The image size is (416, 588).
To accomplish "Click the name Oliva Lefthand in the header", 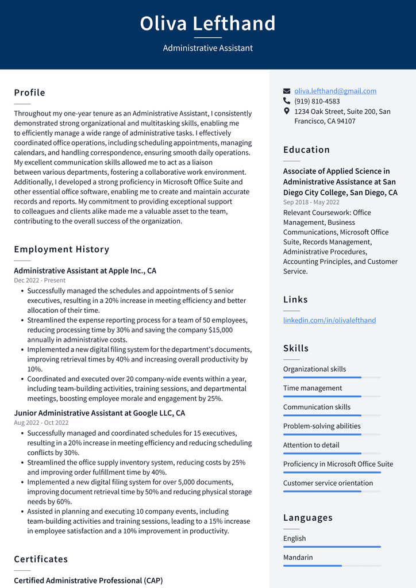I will tap(207, 24).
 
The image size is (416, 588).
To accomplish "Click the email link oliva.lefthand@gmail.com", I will tap(335, 91).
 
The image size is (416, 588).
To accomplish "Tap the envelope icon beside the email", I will tap(287, 91).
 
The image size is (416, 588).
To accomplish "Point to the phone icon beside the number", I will tap(287, 101).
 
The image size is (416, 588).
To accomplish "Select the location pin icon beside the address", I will tap(287, 111).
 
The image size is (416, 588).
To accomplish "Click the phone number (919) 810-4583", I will tap(317, 101).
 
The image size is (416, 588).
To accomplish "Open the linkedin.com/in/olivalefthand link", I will tap(329, 320).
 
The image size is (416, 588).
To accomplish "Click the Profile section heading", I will tap(29, 93).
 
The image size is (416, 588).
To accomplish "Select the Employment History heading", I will tap(61, 249).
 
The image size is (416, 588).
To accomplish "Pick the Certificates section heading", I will tap(41, 559).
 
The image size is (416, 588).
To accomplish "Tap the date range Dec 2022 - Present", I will tap(40, 280).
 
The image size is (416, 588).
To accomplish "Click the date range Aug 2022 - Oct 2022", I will tap(41, 422).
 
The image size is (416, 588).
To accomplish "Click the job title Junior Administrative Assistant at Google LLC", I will tap(99, 413).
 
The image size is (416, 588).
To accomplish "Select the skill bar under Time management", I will tap(332, 397).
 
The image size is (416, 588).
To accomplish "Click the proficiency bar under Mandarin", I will tap(332, 566).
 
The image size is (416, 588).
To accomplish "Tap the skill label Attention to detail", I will tap(311, 445).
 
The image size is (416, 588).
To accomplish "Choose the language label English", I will tap(294, 539).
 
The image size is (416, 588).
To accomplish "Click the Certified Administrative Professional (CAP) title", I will tap(88, 581).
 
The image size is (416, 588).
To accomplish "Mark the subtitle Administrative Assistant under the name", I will tap(207, 48).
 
